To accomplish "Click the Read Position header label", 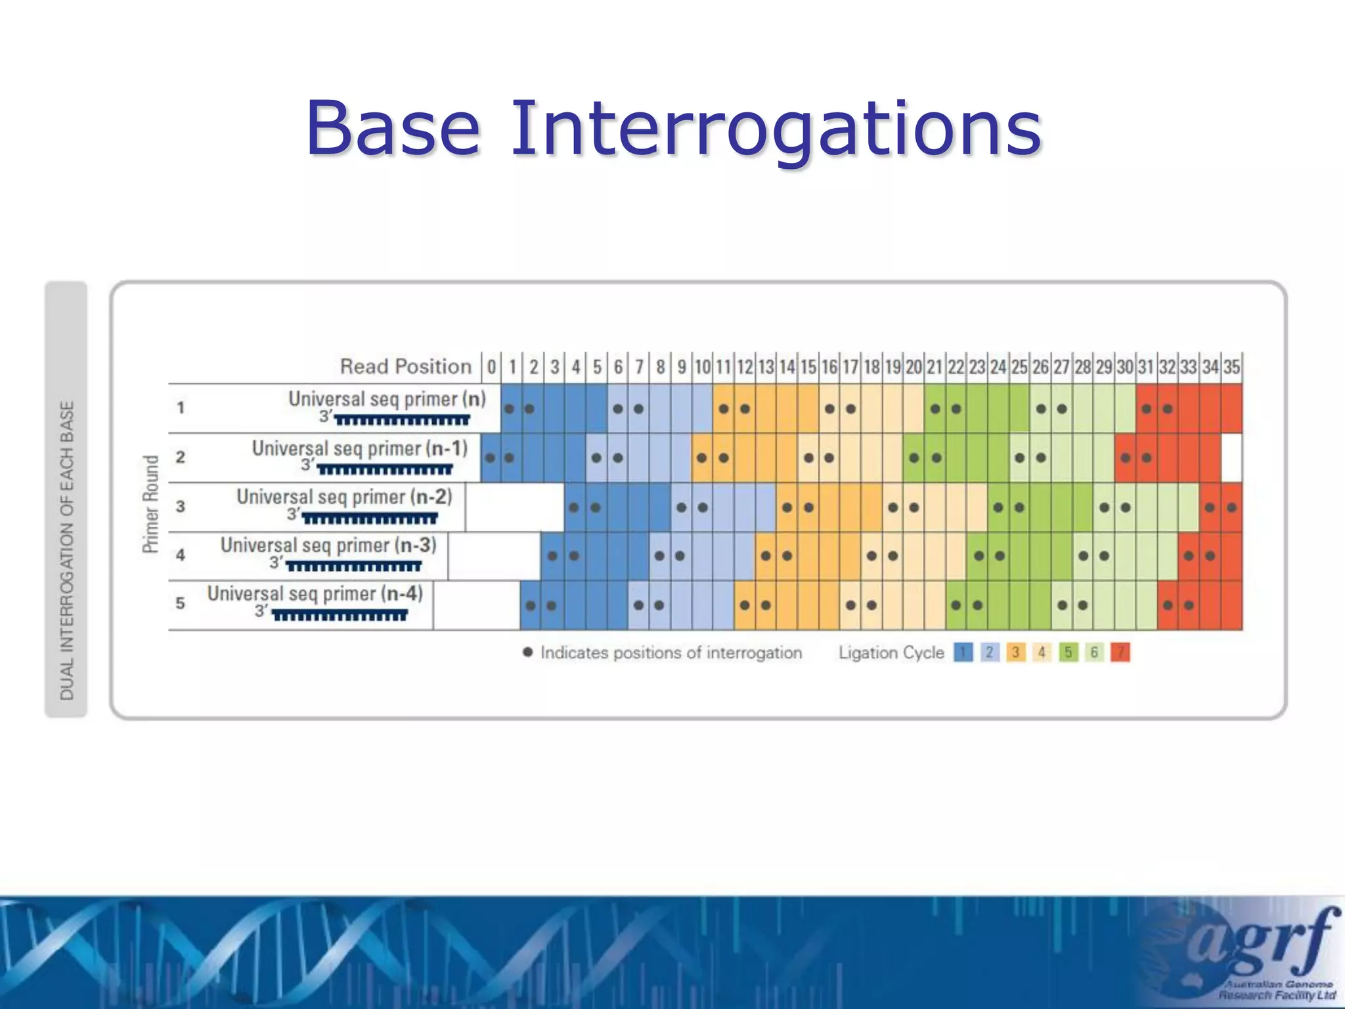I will coord(405,367).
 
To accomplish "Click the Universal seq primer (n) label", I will coord(387,399).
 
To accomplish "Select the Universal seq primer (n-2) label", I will coord(344,497).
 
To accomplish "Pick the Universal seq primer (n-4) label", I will coord(315,593).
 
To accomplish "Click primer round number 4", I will coord(181,555).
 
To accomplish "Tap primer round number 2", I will coord(181,457).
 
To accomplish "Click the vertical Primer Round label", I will coord(151,504).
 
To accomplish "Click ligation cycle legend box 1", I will coord(963,652).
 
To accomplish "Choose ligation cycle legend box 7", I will coord(1120,652).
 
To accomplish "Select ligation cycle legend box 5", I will coord(1068,652).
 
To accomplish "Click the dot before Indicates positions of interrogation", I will coord(527,652).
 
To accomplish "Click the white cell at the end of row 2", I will coord(1231,458).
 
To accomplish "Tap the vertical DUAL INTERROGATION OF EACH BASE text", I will coord(67,550).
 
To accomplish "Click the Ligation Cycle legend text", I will coord(891,653).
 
